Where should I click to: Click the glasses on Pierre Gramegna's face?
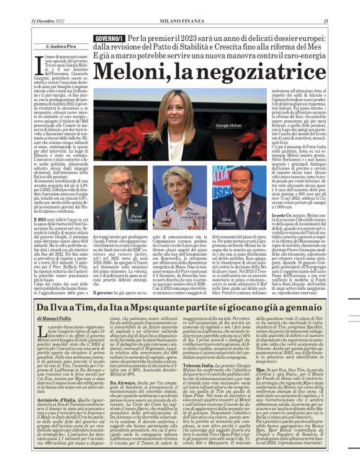click(121, 184)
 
